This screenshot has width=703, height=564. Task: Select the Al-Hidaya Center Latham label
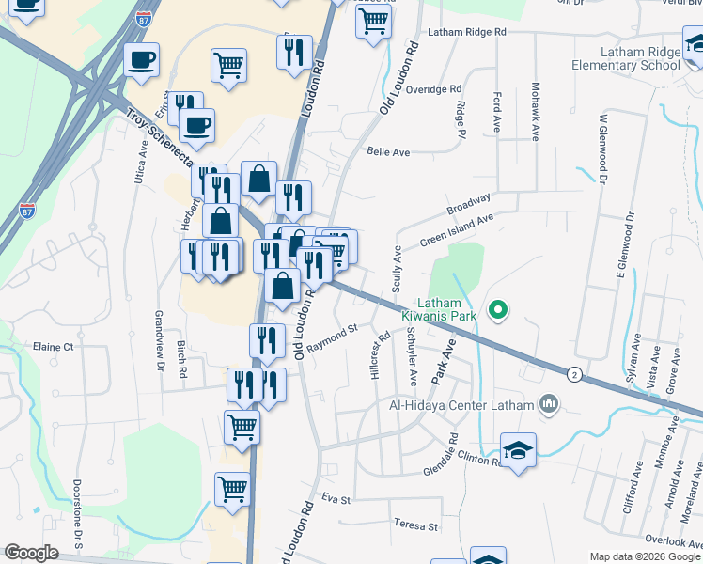tap(461, 405)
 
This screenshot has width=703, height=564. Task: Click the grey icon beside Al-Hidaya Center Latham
tap(549, 405)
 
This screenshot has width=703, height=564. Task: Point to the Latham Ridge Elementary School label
tap(629, 58)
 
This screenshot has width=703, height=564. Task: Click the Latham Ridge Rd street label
tap(467, 32)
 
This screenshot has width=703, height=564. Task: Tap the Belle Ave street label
tap(389, 151)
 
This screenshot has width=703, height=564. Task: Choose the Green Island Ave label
tap(457, 231)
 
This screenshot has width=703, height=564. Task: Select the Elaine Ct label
tap(54, 347)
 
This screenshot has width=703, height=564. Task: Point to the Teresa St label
tap(416, 525)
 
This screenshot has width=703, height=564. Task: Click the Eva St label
tap(336, 497)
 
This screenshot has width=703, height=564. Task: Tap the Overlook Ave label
tap(673, 540)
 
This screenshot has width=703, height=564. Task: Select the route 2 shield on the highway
tap(573, 374)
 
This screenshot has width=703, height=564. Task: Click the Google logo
tap(31, 553)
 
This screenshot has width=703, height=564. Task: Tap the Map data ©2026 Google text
tap(645, 556)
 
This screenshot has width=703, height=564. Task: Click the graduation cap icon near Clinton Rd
tap(517, 451)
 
